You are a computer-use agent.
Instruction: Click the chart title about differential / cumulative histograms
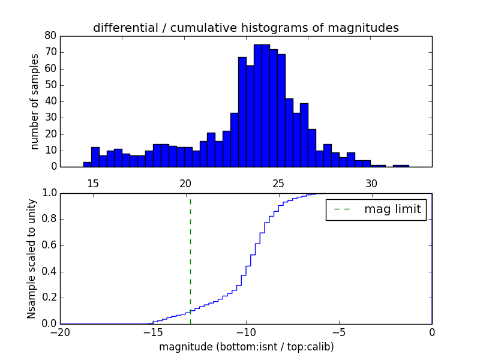point(245,28)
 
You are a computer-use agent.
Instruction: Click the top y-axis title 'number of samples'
point(35,101)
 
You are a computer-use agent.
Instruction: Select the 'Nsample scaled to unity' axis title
point(31,259)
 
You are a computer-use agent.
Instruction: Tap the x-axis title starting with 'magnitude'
point(246,347)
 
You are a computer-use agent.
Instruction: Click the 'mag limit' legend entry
point(376,209)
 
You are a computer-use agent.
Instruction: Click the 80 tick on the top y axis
point(50,36)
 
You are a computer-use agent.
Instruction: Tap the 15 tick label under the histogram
point(93,182)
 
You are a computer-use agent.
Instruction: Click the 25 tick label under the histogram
point(278,182)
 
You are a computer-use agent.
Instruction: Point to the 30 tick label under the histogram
point(371,182)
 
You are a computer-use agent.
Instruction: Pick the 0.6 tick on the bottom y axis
point(48,245)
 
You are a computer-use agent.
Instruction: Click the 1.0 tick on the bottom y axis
point(48,193)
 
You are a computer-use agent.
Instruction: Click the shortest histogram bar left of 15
point(87,164)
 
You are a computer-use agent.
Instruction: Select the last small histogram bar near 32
point(401,166)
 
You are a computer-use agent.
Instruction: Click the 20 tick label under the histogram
point(185,182)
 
